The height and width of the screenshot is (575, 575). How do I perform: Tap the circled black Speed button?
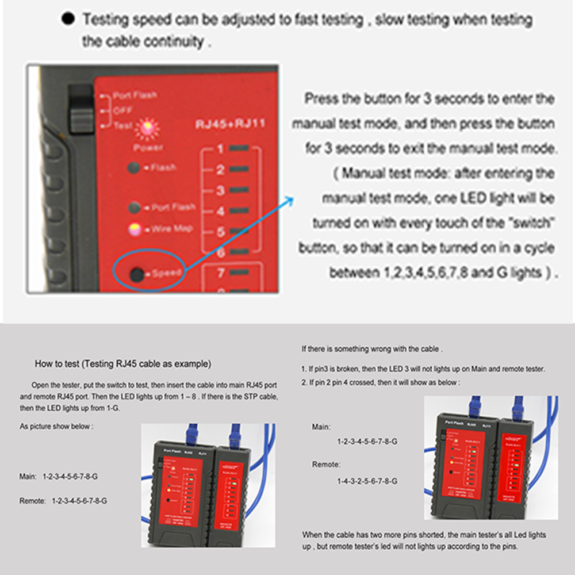(x=137, y=274)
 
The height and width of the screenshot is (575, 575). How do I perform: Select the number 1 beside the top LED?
(x=220, y=149)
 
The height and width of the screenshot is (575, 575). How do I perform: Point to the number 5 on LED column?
(x=220, y=232)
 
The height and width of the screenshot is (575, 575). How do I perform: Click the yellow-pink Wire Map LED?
(x=135, y=229)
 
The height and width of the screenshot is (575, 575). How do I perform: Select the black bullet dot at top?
(x=68, y=19)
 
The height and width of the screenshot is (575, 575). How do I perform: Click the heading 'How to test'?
(x=122, y=364)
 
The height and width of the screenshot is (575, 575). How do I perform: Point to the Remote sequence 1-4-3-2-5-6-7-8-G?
(x=367, y=481)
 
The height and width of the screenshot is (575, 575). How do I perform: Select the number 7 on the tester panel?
(x=220, y=274)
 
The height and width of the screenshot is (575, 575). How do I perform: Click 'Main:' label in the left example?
(x=29, y=477)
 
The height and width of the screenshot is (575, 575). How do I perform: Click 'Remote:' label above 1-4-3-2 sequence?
(x=327, y=464)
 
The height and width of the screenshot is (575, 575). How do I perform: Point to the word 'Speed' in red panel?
(x=167, y=274)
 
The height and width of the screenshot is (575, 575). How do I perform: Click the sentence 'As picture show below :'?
(x=56, y=427)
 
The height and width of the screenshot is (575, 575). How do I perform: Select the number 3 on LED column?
(x=220, y=190)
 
